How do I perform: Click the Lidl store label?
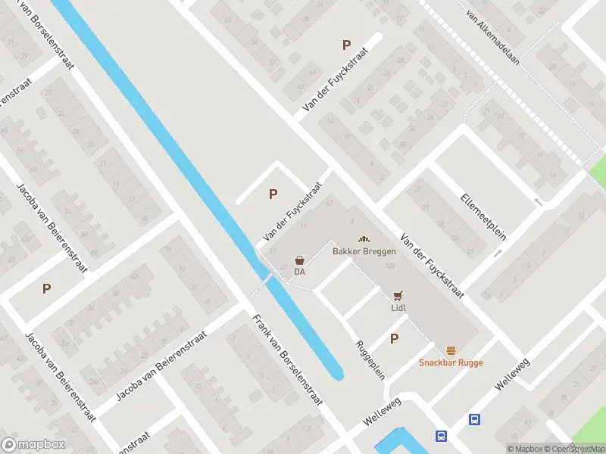399,308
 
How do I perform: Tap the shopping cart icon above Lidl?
398,295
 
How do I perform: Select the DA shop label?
299,272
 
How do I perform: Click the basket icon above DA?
300,259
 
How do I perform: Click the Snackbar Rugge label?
451,362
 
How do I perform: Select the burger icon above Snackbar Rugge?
451,350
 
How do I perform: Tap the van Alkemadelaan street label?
492,38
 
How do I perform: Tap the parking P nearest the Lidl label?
394,339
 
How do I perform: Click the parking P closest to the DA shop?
273,194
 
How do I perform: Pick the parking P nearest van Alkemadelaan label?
347,45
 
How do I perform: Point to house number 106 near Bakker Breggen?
390,266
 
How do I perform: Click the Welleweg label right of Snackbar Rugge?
511,375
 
